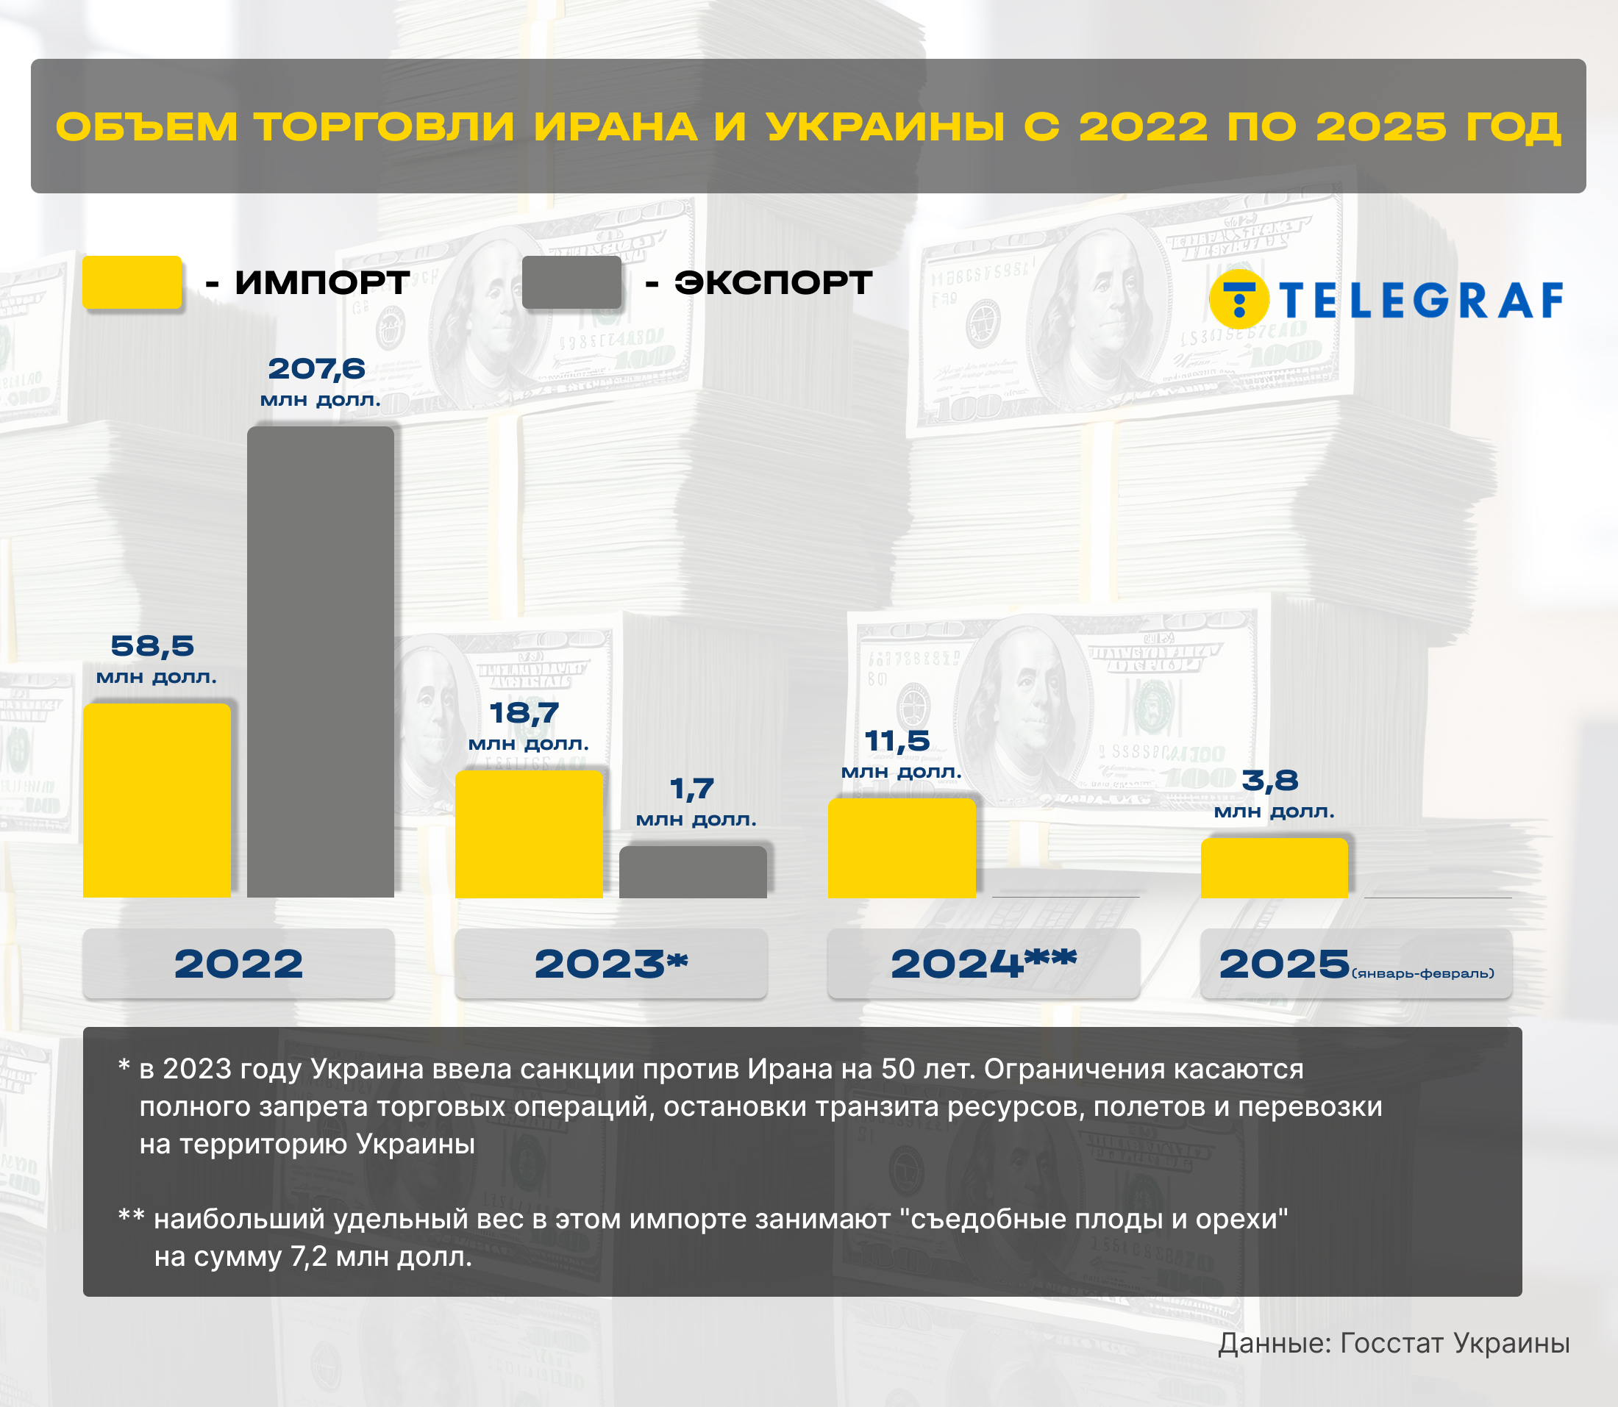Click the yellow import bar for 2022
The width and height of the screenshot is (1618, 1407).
pos(157,800)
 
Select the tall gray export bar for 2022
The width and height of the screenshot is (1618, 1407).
pos(321,661)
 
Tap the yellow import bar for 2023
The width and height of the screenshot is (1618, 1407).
pos(529,834)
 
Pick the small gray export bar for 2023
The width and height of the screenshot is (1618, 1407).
pos(693,872)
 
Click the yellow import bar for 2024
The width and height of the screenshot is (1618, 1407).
pos(902,848)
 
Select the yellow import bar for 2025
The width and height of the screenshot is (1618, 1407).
pos(1274,867)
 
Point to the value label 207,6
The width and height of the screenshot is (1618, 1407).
pos(317,369)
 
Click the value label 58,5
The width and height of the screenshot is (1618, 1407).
pos(152,646)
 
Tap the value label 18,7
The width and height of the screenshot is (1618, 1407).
pos(524,713)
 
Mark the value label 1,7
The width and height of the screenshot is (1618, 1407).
pos(692,788)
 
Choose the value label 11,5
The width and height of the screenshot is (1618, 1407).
pos(897,741)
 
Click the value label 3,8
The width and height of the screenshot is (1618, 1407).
pos(1270,781)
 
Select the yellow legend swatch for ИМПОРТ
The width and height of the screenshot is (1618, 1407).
pos(132,282)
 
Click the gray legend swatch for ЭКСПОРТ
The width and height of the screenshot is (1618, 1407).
pos(571,282)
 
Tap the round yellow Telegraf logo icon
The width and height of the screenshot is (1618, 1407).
pos(1239,299)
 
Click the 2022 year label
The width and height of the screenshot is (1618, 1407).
pos(238,964)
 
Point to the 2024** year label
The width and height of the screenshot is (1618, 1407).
pos(983,964)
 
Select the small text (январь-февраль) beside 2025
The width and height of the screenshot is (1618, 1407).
pos(1422,973)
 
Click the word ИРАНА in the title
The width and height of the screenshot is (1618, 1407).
pos(616,127)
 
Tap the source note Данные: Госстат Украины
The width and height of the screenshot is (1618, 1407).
pos(1394,1343)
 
